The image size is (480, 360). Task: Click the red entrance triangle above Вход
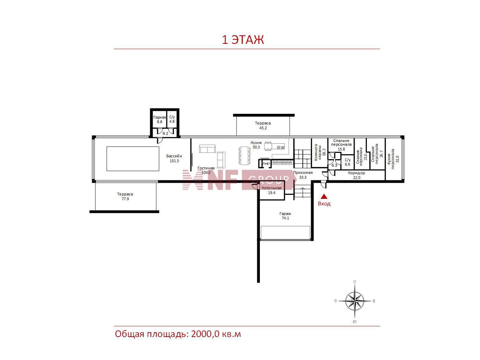click(x=324, y=196)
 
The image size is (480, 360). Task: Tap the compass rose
click(x=355, y=301)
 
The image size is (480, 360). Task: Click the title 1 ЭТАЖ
click(x=243, y=40)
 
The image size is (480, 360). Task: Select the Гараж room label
click(x=285, y=214)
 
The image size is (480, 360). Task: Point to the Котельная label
click(x=272, y=188)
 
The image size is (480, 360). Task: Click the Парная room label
click(x=159, y=117)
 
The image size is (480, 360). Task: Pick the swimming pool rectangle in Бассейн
click(x=133, y=159)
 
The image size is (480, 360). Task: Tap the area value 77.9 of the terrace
click(x=125, y=199)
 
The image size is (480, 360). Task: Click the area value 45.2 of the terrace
click(x=263, y=128)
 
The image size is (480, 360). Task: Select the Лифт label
click(x=266, y=163)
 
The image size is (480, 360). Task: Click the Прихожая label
click(x=303, y=173)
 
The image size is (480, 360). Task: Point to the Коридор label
click(x=357, y=173)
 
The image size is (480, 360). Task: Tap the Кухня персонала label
click(x=391, y=159)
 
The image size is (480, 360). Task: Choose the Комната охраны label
click(x=317, y=152)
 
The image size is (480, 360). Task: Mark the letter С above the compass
click(x=355, y=282)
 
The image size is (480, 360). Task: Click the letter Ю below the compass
click(x=355, y=322)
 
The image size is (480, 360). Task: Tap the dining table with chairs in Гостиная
click(x=244, y=155)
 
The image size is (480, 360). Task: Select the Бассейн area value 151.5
click(x=174, y=161)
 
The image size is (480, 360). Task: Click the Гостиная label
click(x=206, y=168)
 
